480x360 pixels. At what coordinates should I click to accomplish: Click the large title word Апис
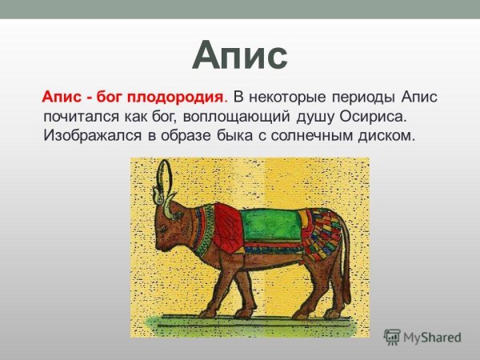[x=240, y=56]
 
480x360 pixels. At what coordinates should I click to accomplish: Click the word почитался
[x=81, y=117]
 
